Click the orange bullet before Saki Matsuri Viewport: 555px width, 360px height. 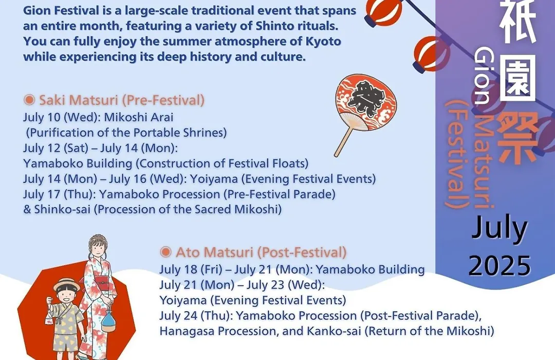click(x=29, y=100)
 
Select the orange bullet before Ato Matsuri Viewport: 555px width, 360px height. click(x=165, y=252)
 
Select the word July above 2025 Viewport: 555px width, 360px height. click(x=499, y=228)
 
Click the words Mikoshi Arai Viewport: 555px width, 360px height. click(x=139, y=117)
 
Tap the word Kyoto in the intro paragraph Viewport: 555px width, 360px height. click(x=323, y=42)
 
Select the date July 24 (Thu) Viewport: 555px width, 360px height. click(x=196, y=315)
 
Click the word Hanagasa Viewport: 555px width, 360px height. click(x=187, y=331)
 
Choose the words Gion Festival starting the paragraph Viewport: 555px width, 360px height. click(x=61, y=11)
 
